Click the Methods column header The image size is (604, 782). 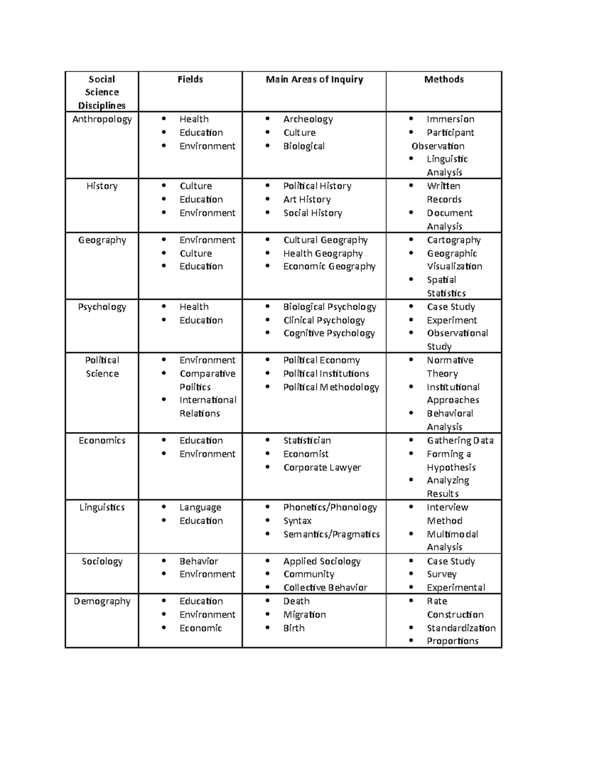[x=443, y=79]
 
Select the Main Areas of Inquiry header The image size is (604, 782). [x=314, y=79]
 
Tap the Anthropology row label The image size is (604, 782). [x=102, y=119]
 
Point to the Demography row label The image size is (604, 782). [x=102, y=601]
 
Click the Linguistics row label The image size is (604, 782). [x=102, y=508]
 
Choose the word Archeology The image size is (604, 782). [x=308, y=119]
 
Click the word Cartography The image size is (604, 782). [x=454, y=240]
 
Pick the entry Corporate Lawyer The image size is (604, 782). [x=322, y=467]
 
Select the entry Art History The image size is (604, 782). [x=307, y=199]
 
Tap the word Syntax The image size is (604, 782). [x=297, y=521]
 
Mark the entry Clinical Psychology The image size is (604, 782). [x=324, y=320]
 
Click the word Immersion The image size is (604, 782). [x=450, y=119]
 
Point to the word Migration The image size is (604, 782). [x=304, y=614]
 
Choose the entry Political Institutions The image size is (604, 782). [x=326, y=374]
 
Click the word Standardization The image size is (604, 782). [x=461, y=628]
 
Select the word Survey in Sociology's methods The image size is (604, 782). [x=441, y=574]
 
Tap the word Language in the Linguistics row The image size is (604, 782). [x=200, y=508]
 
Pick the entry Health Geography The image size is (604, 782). [x=323, y=253]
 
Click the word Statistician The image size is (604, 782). [x=307, y=441]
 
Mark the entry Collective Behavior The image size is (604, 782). [x=325, y=588]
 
